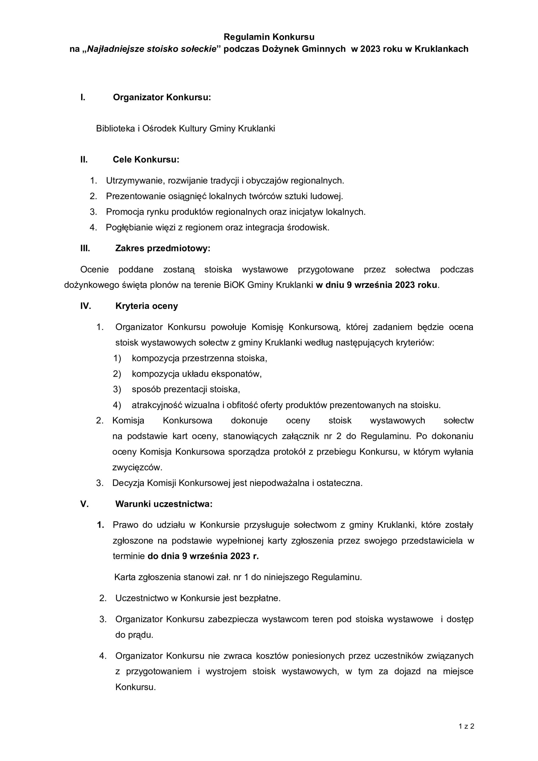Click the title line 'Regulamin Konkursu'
click(x=269, y=37)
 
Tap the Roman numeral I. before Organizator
click(x=83, y=97)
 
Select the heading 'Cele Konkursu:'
click(x=146, y=159)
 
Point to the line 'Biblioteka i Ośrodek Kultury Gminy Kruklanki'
click(x=185, y=129)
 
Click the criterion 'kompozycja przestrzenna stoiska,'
click(x=199, y=358)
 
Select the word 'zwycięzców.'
click(x=137, y=467)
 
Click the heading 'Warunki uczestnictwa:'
click(x=164, y=504)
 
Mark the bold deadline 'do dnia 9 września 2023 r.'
click(x=203, y=556)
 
